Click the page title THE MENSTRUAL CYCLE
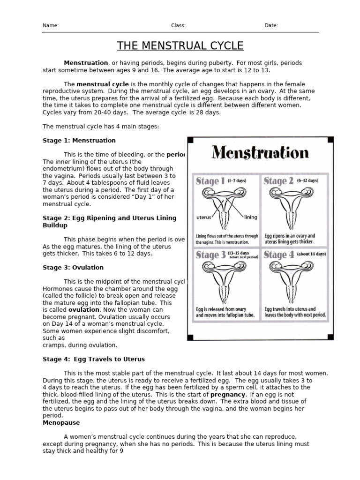[180, 45]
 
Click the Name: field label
[51, 26]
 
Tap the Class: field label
[178, 26]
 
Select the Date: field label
[271, 26]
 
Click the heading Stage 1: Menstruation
[79, 140]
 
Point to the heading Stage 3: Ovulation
[73, 267]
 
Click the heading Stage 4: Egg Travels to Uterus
[94, 359]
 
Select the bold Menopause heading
[61, 422]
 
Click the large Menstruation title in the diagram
[260, 153]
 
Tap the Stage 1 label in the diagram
[210, 181]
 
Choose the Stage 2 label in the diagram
[278, 181]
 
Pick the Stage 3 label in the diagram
[210, 255]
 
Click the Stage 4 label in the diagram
[278, 255]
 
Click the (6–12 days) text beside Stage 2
[307, 180]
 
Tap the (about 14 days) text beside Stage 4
[311, 254]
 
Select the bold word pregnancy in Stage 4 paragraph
[227, 395]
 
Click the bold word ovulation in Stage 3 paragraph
[84, 310]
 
